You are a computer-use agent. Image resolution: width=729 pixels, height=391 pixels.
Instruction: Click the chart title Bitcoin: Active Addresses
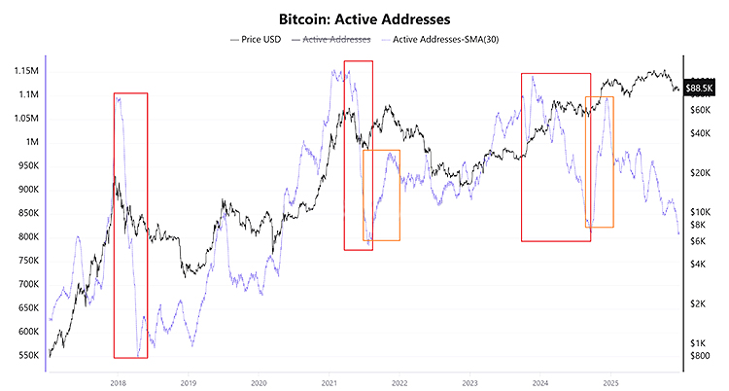364,18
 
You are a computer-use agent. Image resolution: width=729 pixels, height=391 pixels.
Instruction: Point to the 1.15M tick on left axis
20,71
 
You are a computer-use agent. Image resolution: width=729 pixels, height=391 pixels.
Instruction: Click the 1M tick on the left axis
28,142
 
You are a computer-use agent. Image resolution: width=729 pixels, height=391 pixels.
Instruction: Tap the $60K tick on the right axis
703,110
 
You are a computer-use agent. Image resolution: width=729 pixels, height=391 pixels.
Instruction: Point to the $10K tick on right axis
703,211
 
